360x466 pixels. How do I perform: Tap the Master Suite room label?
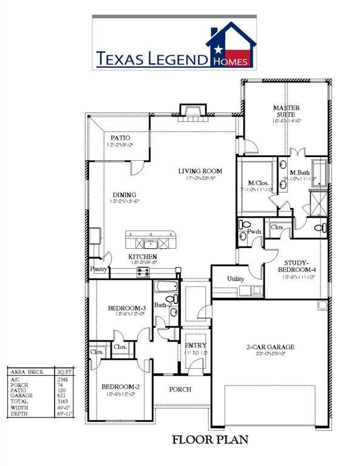point(287,109)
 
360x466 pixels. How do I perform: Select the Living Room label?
point(200,171)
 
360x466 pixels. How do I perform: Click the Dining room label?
point(124,195)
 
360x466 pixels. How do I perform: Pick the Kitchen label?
point(143,257)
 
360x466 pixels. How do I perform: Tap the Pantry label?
point(98,268)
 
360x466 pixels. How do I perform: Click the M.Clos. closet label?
point(259,183)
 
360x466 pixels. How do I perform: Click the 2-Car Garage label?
point(270,347)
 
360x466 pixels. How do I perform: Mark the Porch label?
point(180,390)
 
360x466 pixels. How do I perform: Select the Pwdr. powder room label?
point(255,231)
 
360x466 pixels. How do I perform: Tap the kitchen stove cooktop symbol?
point(143,272)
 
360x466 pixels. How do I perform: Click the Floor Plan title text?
point(209,439)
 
